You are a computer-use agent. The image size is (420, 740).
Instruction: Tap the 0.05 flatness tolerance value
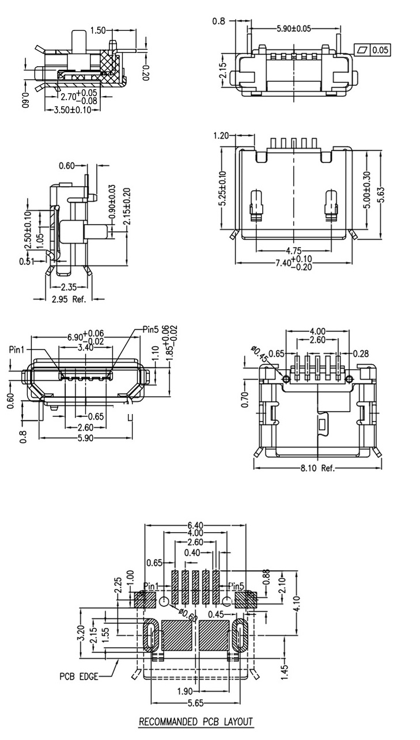(380, 51)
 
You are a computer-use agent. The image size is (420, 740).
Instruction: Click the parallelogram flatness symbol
(362, 51)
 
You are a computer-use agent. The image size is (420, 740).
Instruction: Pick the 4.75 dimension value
(294, 251)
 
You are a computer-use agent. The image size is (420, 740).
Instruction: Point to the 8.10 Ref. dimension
(317, 468)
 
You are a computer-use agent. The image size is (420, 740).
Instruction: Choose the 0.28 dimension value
(361, 354)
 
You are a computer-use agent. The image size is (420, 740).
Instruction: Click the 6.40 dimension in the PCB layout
(195, 526)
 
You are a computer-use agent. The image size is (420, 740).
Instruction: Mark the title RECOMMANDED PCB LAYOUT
(196, 722)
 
